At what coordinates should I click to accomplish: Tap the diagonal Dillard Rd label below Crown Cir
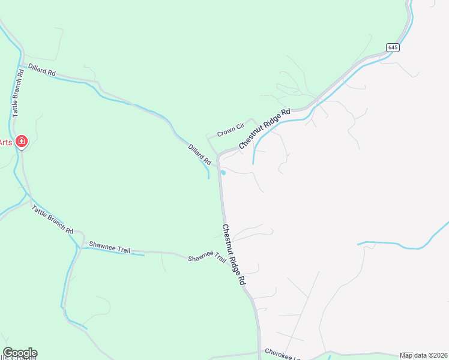(x=200, y=154)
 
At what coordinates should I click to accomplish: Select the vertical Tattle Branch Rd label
(x=17, y=93)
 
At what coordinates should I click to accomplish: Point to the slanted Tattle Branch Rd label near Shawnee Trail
(x=52, y=220)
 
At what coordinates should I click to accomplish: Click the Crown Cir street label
(x=231, y=129)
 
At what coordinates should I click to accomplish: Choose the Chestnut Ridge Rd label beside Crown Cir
(x=264, y=128)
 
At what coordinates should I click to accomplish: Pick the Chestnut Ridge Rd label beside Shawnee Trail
(x=234, y=254)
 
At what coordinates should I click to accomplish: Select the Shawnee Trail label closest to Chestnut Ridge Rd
(x=207, y=258)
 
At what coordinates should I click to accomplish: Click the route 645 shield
(x=392, y=47)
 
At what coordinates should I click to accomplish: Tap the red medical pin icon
(x=22, y=142)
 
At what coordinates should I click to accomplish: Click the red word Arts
(x=5, y=142)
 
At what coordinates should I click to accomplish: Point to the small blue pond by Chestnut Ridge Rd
(x=223, y=173)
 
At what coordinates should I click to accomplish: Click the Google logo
(x=20, y=353)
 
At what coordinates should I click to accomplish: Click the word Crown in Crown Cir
(x=225, y=131)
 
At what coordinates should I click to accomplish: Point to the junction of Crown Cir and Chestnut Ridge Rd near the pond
(x=219, y=155)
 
